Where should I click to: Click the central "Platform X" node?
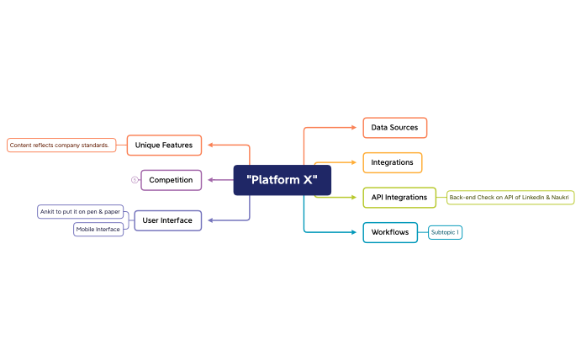[282, 180]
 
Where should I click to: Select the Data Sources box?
[394, 128]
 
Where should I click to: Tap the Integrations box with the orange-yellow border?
[392, 162]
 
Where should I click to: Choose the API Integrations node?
[399, 198]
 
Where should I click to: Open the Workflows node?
[390, 232]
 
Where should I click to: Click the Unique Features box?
[164, 145]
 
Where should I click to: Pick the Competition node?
[171, 180]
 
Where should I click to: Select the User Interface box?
[167, 220]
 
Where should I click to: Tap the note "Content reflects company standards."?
[61, 146]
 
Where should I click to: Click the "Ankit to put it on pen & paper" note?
[81, 211]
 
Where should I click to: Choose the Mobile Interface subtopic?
[98, 229]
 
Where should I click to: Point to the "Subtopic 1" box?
[445, 232]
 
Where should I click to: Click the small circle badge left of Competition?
[135, 180]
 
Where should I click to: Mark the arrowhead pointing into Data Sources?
[354, 128]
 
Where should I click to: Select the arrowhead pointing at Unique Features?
[210, 145]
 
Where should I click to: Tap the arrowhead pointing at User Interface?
[210, 220]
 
